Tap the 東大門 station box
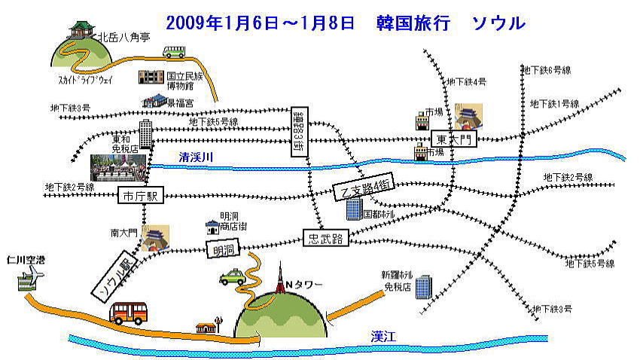click(x=454, y=139)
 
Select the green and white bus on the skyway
click(x=174, y=53)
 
